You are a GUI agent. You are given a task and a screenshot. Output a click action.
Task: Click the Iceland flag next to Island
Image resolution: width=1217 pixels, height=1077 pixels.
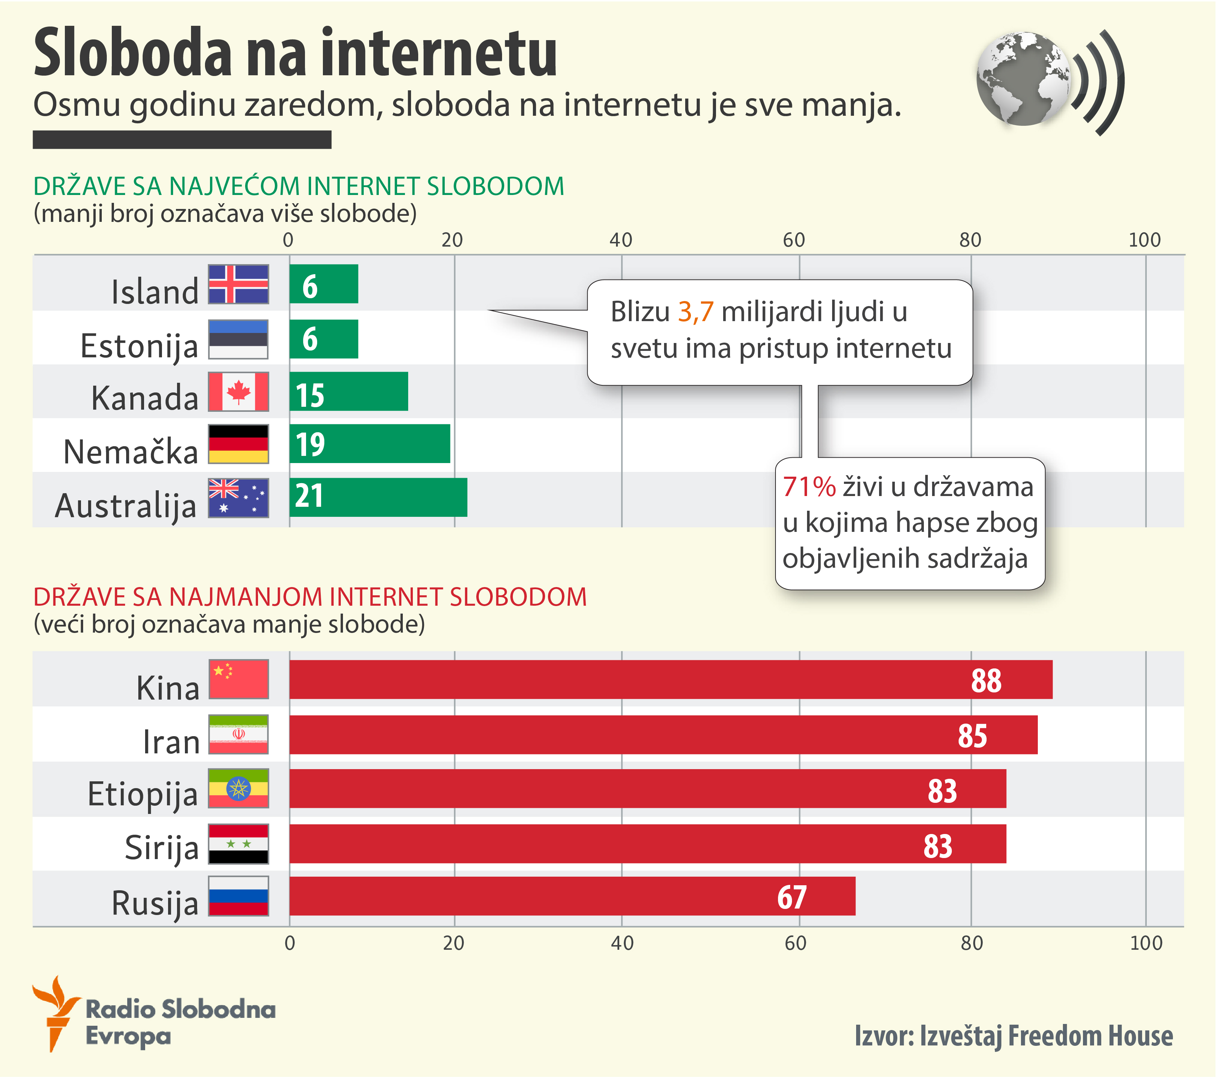(x=238, y=284)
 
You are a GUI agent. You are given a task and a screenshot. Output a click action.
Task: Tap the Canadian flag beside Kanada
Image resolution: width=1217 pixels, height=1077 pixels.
(x=238, y=392)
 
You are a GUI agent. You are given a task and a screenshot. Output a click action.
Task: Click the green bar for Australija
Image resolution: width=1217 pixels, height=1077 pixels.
(x=378, y=497)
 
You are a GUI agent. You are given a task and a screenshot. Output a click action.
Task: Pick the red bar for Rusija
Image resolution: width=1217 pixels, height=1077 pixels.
(x=572, y=896)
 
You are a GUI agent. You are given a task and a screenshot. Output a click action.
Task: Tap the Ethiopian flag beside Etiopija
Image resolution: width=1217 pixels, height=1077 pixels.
(x=238, y=788)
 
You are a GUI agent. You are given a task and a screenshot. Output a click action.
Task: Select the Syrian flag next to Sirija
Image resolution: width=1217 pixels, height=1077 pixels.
(x=238, y=844)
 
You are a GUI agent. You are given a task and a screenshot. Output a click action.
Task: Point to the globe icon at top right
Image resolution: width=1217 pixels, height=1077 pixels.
(x=1023, y=79)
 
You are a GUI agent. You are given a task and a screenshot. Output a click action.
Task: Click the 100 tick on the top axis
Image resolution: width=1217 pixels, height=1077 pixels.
(x=1144, y=240)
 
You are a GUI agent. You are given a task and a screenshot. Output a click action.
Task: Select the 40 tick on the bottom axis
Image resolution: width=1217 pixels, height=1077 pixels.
(x=622, y=943)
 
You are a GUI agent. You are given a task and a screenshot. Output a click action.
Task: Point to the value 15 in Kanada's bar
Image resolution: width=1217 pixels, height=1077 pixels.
(x=310, y=395)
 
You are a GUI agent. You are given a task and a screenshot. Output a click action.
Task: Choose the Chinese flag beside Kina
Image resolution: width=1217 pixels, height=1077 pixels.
(x=238, y=679)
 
